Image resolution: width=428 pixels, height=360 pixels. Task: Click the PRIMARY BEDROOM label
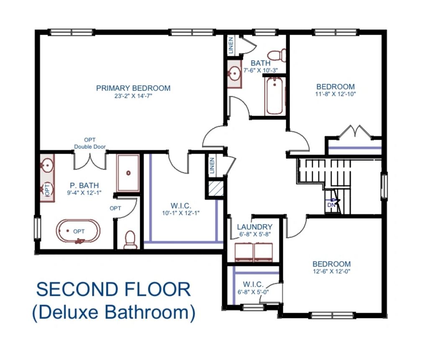pyautogui.click(x=133, y=88)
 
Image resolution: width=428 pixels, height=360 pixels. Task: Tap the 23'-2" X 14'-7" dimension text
pyautogui.click(x=133, y=96)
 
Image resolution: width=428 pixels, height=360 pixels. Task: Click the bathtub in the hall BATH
pyautogui.click(x=274, y=96)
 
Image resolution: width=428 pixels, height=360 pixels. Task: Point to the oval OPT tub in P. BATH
pyautogui.click(x=78, y=231)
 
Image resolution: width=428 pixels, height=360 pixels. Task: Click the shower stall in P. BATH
pyautogui.click(x=128, y=173)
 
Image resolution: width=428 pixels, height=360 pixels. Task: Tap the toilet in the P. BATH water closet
pyautogui.click(x=130, y=240)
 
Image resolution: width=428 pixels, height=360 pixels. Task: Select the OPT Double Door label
pyautogui.click(x=90, y=143)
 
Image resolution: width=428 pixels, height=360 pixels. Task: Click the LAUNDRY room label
pyautogui.click(x=255, y=227)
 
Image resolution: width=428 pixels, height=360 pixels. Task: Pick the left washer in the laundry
pyautogui.click(x=244, y=253)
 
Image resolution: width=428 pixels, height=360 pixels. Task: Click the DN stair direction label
pyautogui.click(x=331, y=205)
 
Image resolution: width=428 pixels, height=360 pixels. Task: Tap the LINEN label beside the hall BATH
pyautogui.click(x=231, y=46)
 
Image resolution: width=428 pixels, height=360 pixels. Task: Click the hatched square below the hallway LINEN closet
pyautogui.click(x=216, y=189)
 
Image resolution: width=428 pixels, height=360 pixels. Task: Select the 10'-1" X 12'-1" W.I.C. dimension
pyautogui.click(x=181, y=213)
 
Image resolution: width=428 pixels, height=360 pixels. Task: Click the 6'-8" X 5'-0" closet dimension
pyautogui.click(x=253, y=292)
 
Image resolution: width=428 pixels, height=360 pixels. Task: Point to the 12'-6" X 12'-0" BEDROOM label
pyautogui.click(x=331, y=264)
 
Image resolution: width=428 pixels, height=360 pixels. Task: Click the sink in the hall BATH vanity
pyautogui.click(x=234, y=74)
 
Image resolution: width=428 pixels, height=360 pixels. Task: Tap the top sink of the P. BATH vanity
pyautogui.click(x=48, y=165)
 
